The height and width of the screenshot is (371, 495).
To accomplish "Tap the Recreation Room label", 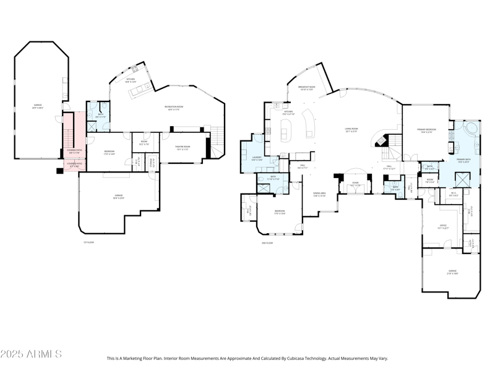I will tap(174, 107).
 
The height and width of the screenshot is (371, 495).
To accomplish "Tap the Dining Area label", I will tap(319, 195).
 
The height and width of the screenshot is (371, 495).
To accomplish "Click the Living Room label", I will tap(352, 130).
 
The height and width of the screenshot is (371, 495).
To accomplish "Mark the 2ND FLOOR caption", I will tap(267, 243).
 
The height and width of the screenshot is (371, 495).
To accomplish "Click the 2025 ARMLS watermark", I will tap(31, 354).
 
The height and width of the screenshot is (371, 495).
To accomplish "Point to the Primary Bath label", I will tap(464, 160).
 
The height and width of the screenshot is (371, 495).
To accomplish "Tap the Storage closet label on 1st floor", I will tap(152, 163).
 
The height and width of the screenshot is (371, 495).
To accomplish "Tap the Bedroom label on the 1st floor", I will tap(108, 153).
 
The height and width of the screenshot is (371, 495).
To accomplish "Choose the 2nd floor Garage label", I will tap(453, 272).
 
